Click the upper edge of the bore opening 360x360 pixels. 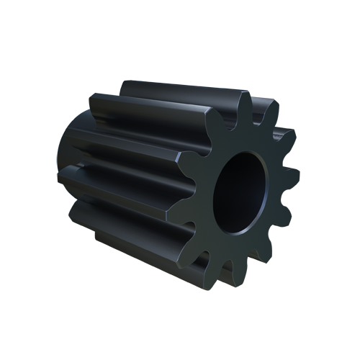click(x=248, y=153)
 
